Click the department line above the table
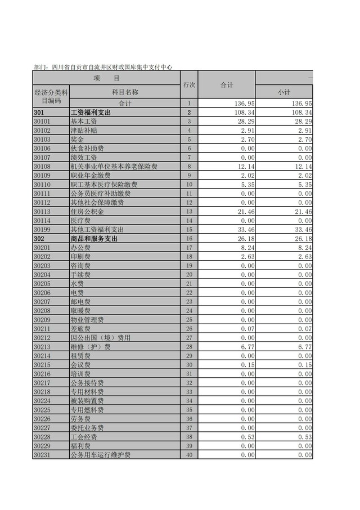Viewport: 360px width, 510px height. [x=103, y=67]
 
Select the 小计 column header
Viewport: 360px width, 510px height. [x=283, y=92]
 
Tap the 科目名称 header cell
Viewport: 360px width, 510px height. [x=125, y=92]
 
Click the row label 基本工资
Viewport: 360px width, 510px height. [x=83, y=122]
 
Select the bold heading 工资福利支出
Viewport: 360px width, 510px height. [x=91, y=113]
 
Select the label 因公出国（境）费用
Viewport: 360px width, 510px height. [x=100, y=338]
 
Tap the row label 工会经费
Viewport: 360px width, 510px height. [x=83, y=437]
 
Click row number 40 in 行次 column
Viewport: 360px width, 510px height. [x=190, y=455]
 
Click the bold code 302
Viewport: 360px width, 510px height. [x=39, y=239]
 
